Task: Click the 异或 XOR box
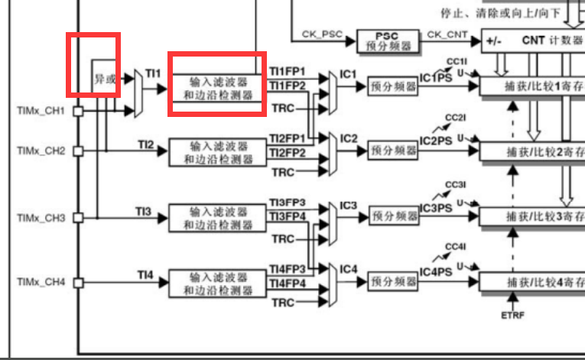pos(104,78)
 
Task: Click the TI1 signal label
pos(153,73)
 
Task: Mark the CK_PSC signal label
pos(320,34)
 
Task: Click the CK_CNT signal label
pos(447,34)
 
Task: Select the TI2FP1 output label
pos(287,138)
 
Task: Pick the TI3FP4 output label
pos(287,216)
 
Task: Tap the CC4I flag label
pos(456,246)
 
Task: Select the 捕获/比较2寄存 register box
pos(531,151)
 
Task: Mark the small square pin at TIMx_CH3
pos(77,218)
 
